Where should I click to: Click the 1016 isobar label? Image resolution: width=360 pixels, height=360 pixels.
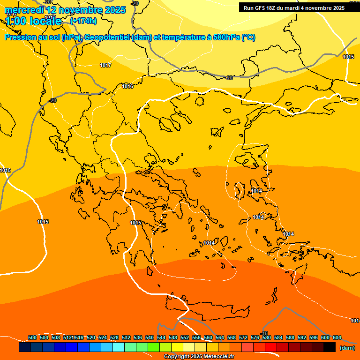[127, 86]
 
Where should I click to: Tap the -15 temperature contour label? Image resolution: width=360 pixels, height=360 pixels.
[264, 333]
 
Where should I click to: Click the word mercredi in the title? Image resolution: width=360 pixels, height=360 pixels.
[23, 10]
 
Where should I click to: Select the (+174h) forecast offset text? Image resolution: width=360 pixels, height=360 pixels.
[83, 21]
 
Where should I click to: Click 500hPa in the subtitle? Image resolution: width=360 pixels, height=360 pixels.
[227, 37]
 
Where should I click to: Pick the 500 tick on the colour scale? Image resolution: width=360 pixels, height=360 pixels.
[32, 337]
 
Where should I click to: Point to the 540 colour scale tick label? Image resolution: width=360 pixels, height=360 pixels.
[150, 337]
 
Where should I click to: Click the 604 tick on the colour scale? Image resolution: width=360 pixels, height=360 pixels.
[337, 337]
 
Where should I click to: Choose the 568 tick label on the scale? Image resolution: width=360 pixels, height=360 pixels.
[232, 337]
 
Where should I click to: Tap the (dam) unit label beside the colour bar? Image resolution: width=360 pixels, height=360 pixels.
[347, 348]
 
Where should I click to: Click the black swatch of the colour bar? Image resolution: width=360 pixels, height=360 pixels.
[330, 347]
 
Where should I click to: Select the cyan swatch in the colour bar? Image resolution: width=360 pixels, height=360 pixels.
[119, 347]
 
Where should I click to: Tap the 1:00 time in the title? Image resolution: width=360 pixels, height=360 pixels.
[15, 21]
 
